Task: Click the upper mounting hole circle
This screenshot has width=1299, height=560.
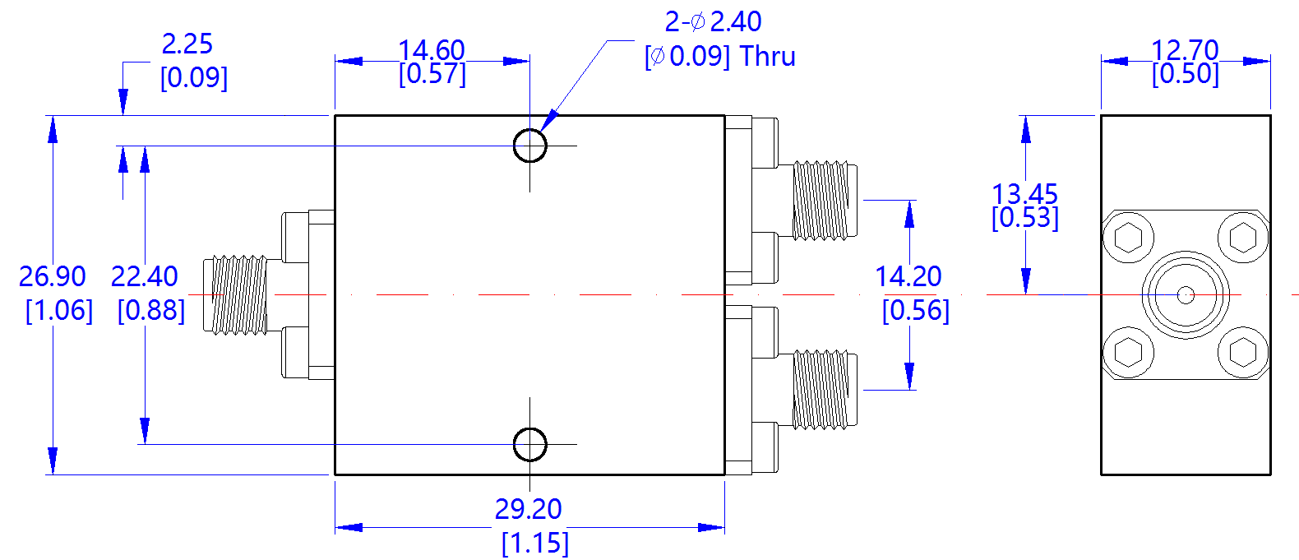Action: (529, 146)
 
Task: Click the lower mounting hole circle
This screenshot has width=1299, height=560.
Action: (529, 444)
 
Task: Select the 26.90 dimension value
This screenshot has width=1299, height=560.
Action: (52, 276)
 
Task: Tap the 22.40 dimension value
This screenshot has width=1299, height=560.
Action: (144, 276)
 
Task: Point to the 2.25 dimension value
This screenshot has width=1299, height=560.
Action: (187, 44)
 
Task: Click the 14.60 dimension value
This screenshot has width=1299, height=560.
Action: (432, 50)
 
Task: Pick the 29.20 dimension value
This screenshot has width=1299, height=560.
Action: (528, 509)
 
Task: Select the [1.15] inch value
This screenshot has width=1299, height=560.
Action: (534, 543)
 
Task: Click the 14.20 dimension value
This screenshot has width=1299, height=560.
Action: (908, 276)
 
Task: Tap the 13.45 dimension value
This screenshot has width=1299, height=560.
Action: (1024, 194)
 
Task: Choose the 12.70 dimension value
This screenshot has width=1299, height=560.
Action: (1184, 50)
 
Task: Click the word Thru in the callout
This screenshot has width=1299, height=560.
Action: (767, 57)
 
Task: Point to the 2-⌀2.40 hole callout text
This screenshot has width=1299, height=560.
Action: (713, 21)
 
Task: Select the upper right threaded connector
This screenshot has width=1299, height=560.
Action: (822, 200)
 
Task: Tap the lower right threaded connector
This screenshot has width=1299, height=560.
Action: (822, 390)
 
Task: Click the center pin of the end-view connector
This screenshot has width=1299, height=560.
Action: (1185, 294)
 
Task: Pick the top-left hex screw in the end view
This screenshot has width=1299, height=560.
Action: (1128, 238)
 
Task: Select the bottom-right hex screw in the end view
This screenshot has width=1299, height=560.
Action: (1242, 352)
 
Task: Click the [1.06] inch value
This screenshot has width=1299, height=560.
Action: (59, 311)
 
